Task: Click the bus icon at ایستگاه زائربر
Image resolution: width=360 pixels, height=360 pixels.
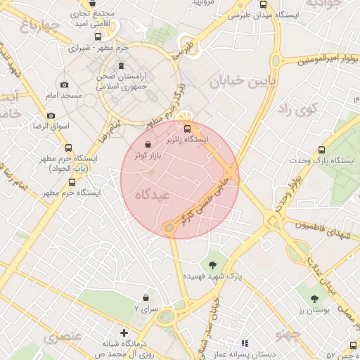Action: point(187,128)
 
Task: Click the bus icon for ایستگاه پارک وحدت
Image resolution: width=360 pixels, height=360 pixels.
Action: point(321,150)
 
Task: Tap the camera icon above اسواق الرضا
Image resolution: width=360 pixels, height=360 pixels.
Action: point(51,115)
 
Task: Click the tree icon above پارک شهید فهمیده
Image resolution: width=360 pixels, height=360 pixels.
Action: point(212,265)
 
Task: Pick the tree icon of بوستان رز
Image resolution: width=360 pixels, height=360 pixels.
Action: point(307,289)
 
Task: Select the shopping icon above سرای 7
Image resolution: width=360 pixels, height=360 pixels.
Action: point(146,298)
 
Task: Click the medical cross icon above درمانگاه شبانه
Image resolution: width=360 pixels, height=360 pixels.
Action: point(124,332)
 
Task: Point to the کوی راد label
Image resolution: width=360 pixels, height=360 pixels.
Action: point(299,109)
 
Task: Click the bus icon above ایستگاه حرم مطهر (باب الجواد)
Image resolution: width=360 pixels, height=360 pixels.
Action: point(68,148)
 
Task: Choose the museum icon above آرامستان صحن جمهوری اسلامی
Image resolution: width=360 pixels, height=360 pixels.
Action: point(122,66)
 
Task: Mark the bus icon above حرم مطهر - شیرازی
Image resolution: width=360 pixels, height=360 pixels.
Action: point(97,37)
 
